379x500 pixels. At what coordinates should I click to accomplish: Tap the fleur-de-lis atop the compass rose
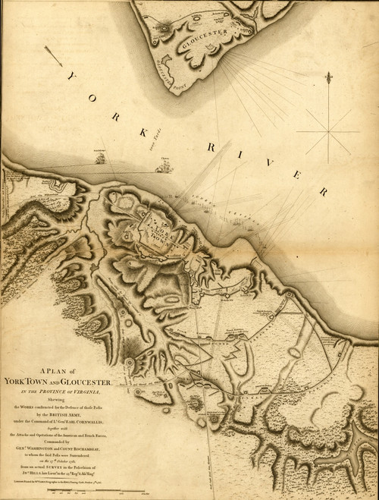(x=328, y=77)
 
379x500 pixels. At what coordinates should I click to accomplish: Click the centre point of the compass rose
(x=328, y=132)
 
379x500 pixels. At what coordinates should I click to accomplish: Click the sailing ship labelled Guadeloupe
(x=99, y=157)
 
